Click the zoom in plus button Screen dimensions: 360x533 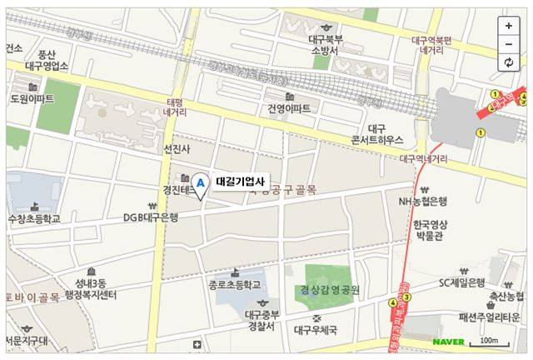509,26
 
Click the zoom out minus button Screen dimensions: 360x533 509,44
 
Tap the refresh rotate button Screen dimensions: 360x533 509,62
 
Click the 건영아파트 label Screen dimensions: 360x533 289,108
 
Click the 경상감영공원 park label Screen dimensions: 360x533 329,291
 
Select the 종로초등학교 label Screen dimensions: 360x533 236,285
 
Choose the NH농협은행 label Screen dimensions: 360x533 423,202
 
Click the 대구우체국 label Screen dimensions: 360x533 316,330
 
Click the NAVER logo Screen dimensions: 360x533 447,342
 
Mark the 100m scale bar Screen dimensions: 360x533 490,342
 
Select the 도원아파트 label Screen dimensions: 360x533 32,98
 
